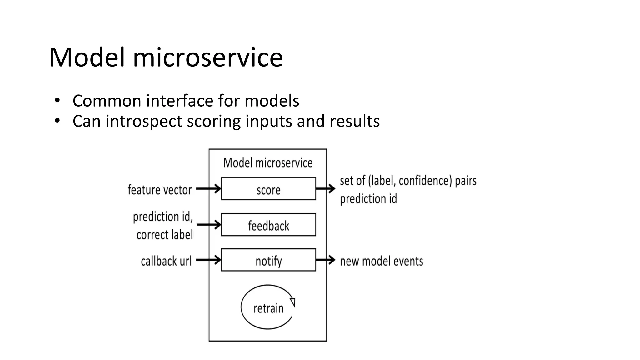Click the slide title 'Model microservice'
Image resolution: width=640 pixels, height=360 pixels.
(x=166, y=57)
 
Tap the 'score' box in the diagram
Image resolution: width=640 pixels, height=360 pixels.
(x=268, y=189)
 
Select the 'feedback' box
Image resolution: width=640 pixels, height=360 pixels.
(x=268, y=225)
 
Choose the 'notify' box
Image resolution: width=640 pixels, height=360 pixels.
(x=268, y=260)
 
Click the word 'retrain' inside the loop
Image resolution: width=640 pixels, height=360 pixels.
(x=268, y=308)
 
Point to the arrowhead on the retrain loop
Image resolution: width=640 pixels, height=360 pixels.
(x=293, y=302)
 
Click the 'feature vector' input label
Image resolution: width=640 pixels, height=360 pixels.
(x=160, y=190)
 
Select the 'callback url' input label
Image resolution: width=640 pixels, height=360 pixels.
(x=166, y=261)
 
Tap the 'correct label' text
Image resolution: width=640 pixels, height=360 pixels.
(x=164, y=235)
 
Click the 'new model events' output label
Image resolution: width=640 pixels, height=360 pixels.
(x=381, y=261)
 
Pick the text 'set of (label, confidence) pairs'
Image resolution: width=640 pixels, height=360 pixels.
(x=408, y=181)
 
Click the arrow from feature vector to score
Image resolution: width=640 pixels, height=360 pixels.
(x=209, y=189)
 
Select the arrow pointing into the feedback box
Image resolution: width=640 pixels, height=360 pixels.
(x=209, y=225)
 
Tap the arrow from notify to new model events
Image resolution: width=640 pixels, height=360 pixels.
(x=326, y=260)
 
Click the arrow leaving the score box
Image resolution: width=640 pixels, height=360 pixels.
(x=326, y=189)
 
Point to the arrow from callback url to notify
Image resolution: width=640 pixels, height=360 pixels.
(x=209, y=260)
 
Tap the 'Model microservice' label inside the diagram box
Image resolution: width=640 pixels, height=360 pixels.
(x=268, y=163)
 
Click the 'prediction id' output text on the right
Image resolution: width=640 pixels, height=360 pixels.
(x=368, y=199)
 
